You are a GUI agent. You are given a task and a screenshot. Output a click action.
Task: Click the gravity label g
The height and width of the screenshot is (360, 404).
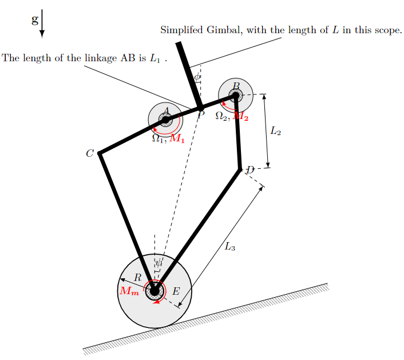tap(35, 21)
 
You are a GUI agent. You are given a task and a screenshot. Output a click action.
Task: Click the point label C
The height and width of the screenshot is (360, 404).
tap(90, 153)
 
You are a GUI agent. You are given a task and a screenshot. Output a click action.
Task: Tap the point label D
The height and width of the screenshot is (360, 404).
tap(249, 170)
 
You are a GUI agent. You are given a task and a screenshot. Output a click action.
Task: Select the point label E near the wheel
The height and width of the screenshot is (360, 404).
tap(176, 291)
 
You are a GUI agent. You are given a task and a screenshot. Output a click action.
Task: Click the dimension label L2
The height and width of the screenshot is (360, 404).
tap(276, 132)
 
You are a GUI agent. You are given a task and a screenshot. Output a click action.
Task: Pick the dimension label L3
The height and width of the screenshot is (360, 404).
tap(230, 247)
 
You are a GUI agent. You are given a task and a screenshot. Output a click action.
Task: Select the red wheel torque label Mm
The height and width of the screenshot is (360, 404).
tap(129, 291)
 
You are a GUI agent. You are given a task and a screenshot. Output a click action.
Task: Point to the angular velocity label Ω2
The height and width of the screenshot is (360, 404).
tap(222, 116)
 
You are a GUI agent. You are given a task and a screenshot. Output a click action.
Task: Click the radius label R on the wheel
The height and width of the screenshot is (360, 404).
tap(138, 278)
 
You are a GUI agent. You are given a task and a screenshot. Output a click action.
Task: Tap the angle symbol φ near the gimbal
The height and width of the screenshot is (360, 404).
tap(197, 77)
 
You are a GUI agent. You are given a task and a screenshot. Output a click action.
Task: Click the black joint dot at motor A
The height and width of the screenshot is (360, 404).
tap(165, 120)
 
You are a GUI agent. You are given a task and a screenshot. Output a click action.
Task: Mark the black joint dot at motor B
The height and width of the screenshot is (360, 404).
tap(235, 96)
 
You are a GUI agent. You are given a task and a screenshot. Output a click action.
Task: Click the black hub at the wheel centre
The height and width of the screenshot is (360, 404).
tap(155, 291)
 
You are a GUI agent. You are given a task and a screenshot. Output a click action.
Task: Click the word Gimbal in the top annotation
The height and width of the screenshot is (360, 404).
tap(225, 30)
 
